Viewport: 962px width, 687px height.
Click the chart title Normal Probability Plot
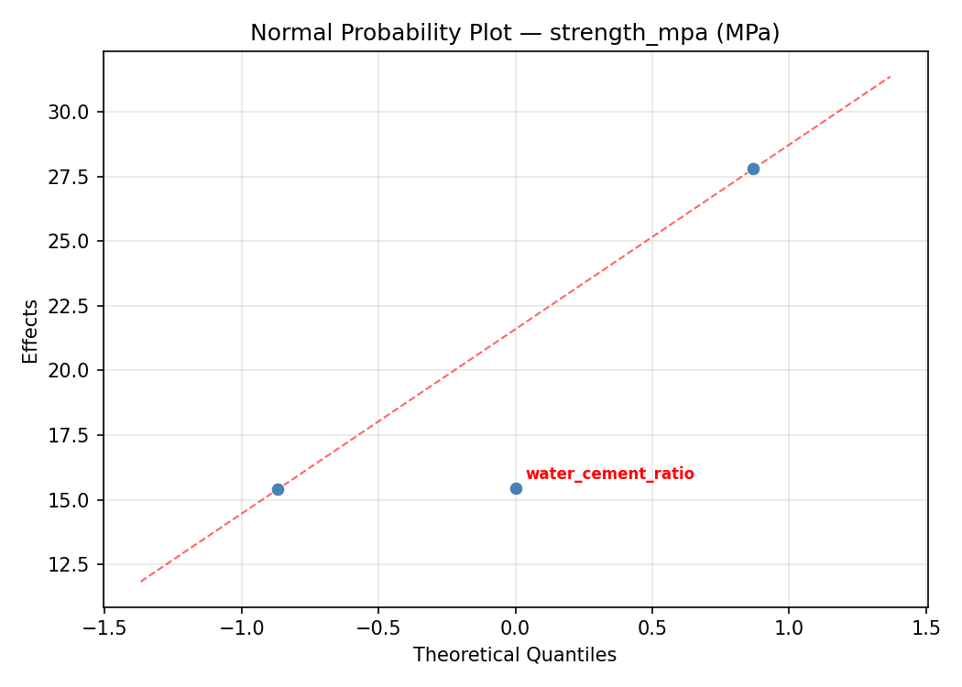515,33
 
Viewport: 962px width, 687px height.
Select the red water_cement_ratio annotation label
609,474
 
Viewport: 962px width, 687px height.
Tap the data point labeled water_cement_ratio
516,488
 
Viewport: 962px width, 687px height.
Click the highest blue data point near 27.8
753,169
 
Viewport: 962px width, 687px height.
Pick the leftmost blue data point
278,489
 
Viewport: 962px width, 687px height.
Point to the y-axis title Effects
31,331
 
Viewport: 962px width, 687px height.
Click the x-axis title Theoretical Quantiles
515,655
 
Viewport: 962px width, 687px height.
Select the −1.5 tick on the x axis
104,628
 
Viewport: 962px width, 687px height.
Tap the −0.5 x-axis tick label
377,628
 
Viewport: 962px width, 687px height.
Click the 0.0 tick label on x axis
516,628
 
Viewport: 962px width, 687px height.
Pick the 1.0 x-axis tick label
789,628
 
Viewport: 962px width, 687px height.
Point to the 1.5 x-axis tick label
926,628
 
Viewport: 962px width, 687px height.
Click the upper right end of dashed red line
890,77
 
